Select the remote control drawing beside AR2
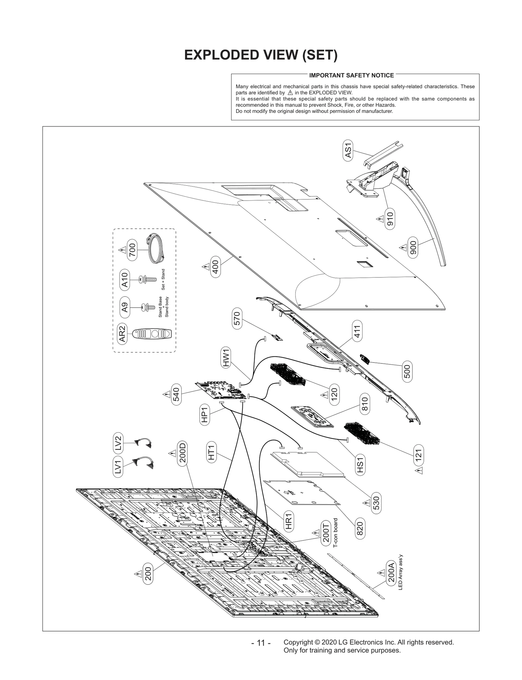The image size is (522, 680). pos(152,334)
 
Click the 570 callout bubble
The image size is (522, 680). pos(237,319)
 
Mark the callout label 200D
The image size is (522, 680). pos(183,453)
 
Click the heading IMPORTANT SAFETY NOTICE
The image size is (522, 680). pos(351,75)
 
